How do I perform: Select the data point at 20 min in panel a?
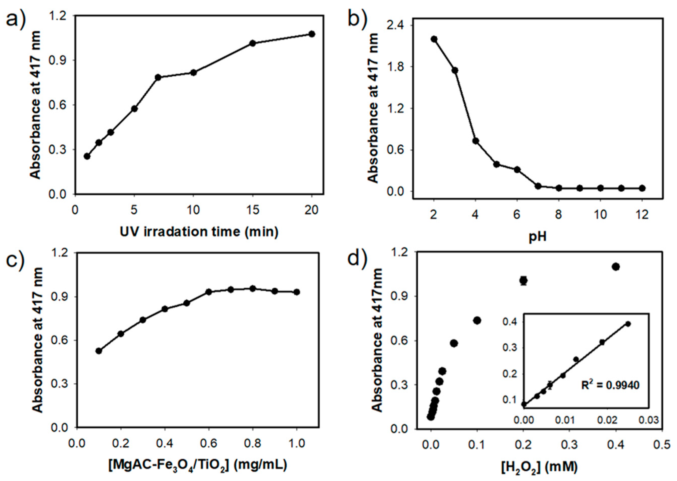point(311,34)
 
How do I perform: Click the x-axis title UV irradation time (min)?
point(199,232)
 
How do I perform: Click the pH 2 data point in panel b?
point(434,39)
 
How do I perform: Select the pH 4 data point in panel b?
point(476,141)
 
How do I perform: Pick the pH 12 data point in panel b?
point(642,188)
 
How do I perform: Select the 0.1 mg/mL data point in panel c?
point(99,351)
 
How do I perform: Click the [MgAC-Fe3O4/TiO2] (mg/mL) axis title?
point(198,465)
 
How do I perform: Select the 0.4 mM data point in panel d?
point(616,267)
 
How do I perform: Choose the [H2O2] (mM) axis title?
point(539,467)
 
